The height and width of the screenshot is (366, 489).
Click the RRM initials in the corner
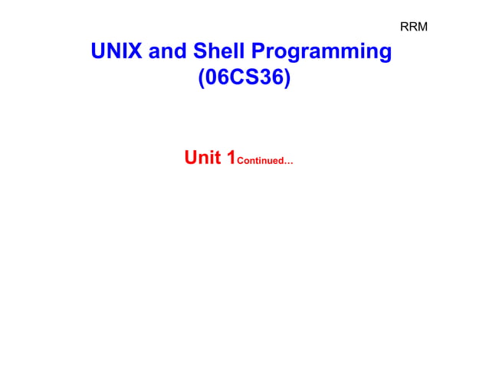point(414,28)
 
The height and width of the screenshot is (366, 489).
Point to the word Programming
point(322,53)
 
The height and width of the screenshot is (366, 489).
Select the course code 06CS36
point(244,79)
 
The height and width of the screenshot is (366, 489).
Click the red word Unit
point(205,158)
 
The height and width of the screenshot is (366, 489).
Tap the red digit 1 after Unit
point(231,158)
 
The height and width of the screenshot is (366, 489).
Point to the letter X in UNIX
point(135,52)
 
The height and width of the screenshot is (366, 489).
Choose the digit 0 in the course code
point(212,79)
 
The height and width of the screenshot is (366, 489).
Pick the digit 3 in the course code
point(265,79)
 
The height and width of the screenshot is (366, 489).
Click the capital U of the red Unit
point(192,158)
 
